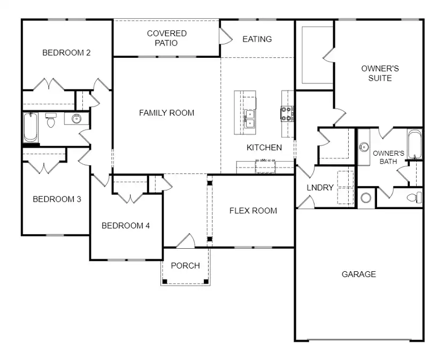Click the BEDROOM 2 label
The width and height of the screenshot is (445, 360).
click(66, 52)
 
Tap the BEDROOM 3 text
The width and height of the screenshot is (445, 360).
click(57, 199)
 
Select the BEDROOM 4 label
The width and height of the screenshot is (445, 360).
click(126, 225)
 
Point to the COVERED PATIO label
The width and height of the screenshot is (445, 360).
click(167, 38)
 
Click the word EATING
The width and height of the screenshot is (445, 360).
click(257, 39)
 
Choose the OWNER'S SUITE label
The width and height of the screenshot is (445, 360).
click(380, 73)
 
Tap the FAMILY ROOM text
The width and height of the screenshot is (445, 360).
click(166, 113)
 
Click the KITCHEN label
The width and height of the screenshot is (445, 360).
click(264, 147)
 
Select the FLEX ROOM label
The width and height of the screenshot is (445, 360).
click(253, 210)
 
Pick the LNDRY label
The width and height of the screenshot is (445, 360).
click(320, 188)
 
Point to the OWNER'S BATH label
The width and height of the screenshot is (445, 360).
click(388, 157)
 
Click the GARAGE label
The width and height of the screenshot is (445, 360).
click(358, 274)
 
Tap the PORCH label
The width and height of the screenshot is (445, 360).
click(185, 265)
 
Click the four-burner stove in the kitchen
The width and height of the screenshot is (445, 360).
click(287, 113)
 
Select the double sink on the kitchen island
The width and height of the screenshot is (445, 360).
click(249, 118)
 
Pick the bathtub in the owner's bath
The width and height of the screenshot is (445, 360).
click(415, 144)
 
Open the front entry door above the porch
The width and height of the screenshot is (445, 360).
click(186, 242)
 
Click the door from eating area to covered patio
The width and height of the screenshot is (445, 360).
click(225, 36)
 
